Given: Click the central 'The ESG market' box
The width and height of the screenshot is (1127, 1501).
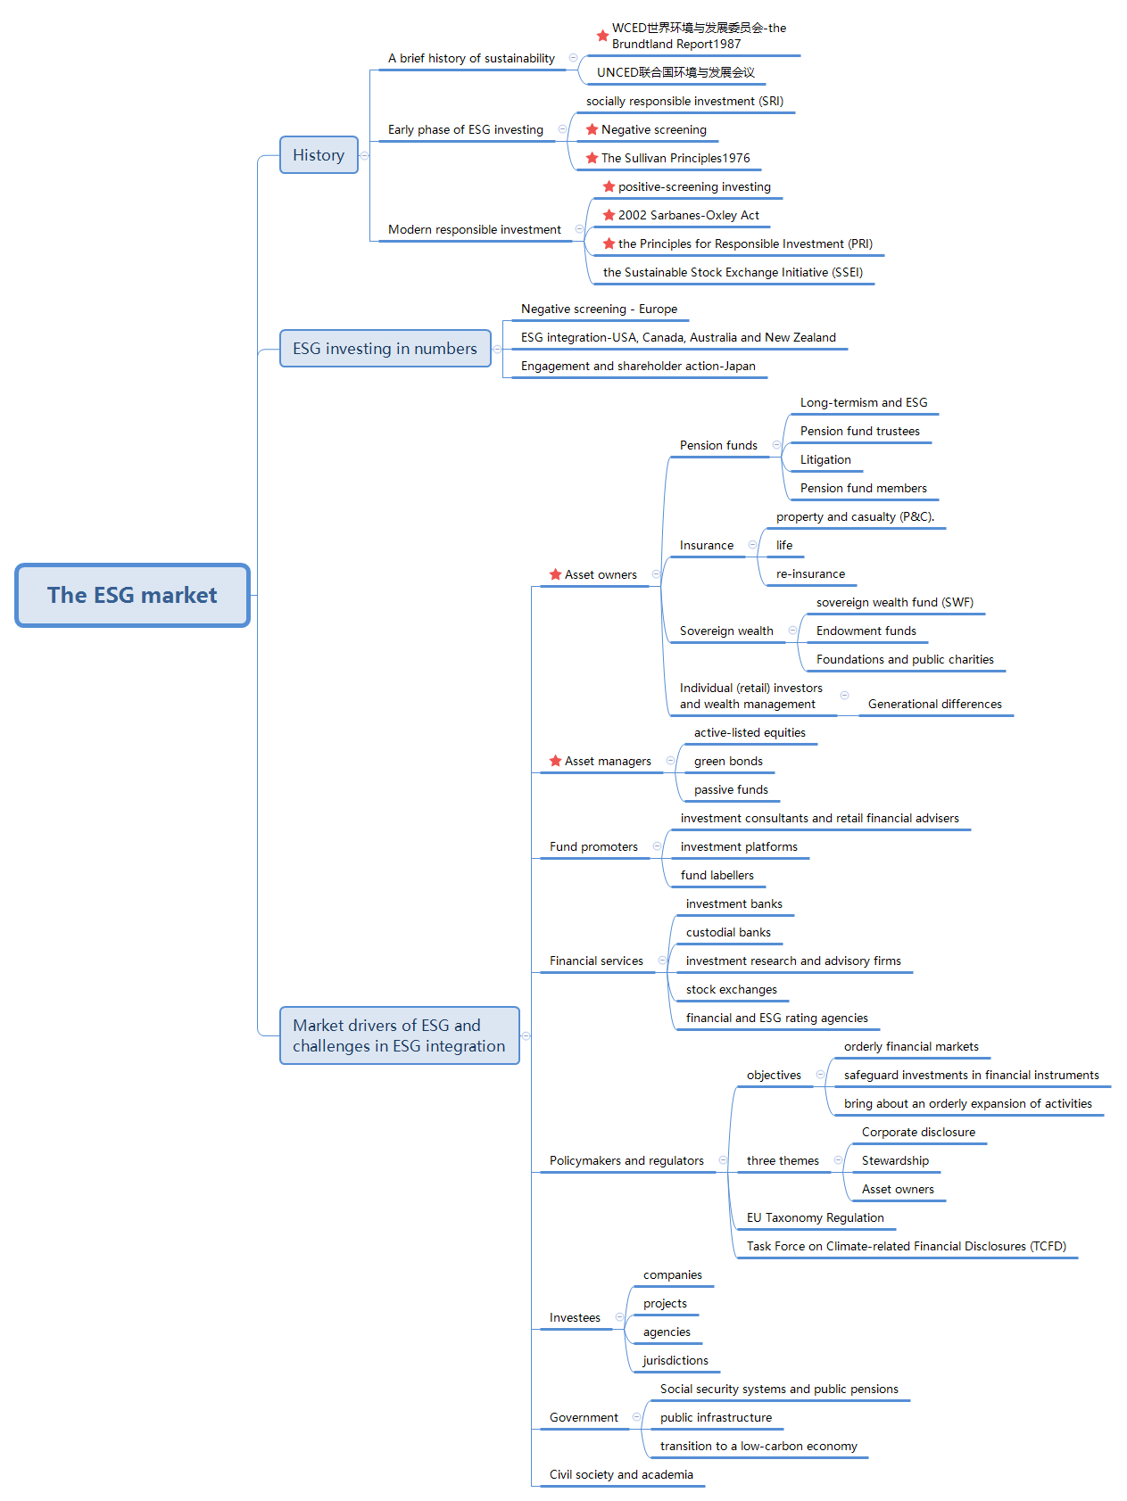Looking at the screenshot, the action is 132,595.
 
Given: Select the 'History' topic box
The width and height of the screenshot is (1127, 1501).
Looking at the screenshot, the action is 319,155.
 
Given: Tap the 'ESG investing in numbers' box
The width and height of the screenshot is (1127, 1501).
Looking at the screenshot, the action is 385,349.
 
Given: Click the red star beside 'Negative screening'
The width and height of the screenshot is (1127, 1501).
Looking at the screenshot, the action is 592,129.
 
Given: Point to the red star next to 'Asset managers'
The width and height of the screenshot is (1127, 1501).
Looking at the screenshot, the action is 555,761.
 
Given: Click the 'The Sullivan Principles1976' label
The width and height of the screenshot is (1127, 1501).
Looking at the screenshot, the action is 675,158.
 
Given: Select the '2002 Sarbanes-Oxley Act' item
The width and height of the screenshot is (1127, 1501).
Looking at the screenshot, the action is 689,215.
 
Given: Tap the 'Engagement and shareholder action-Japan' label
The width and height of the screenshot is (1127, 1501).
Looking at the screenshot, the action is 638,366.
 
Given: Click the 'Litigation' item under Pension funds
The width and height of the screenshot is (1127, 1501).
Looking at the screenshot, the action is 825,459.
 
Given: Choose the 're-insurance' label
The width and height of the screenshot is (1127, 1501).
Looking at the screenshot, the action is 810,573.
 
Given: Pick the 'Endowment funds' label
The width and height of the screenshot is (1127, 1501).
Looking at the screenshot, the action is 866,631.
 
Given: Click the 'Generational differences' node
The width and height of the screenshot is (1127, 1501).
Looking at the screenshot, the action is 934,704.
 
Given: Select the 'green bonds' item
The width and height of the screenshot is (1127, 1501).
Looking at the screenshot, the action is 728,761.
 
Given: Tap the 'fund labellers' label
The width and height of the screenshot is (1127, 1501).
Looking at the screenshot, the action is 717,875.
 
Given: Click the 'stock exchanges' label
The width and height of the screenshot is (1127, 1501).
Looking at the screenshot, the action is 731,989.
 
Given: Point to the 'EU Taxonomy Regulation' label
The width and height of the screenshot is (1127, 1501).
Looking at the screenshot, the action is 815,1217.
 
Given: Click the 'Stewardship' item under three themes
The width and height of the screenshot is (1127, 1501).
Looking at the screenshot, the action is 895,1160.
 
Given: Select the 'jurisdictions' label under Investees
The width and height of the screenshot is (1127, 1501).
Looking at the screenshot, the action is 675,1360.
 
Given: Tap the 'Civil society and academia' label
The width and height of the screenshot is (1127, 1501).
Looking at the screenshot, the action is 621,1474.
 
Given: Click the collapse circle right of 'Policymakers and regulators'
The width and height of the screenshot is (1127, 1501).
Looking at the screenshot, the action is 722,1160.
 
